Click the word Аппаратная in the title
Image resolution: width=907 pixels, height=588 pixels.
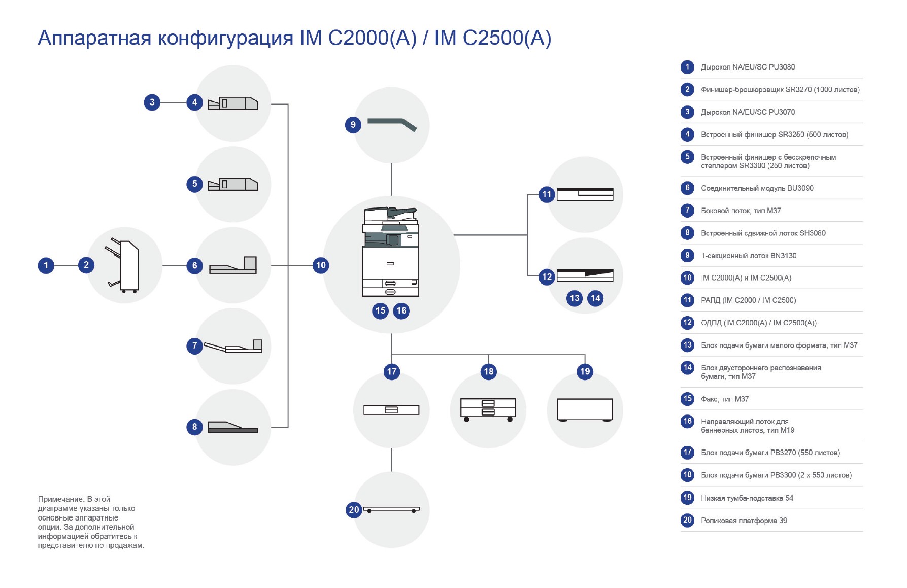(94, 38)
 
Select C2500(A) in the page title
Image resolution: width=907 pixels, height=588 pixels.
(507, 38)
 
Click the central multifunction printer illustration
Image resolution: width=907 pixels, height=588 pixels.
(390, 252)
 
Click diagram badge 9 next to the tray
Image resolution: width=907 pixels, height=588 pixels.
(353, 125)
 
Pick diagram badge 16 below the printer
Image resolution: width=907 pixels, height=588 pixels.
(401, 310)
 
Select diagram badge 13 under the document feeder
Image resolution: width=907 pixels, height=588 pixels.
(575, 298)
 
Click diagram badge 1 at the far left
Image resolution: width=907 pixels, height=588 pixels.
(46, 265)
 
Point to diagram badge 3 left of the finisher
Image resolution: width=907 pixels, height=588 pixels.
(152, 102)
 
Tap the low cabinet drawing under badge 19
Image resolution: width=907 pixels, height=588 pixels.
(585, 409)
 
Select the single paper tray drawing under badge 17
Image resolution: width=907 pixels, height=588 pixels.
(391, 409)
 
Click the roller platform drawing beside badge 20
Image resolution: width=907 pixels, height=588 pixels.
(391, 509)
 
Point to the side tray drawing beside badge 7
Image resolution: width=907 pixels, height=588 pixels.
(233, 347)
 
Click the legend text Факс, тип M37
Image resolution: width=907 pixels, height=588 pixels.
(724, 399)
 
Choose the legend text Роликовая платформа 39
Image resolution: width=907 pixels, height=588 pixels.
(744, 521)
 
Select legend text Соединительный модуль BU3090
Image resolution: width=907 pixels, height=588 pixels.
(757, 188)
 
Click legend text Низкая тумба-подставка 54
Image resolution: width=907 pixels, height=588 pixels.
(747, 498)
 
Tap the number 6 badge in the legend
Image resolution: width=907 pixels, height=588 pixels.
(687, 188)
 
